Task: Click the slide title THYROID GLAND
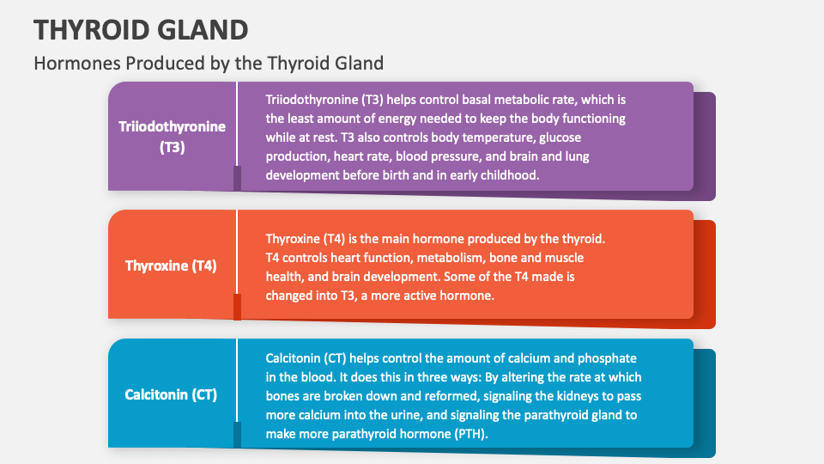tap(142, 29)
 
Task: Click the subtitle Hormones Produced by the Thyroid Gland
tap(208, 63)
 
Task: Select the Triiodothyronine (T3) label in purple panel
tap(173, 137)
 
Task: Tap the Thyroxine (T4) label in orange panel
tap(171, 266)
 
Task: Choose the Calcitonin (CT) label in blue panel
tap(171, 394)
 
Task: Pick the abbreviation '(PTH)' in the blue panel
tap(468, 433)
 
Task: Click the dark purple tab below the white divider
tap(237, 178)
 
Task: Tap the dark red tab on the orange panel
tap(237, 307)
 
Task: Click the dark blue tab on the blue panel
tap(237, 435)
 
